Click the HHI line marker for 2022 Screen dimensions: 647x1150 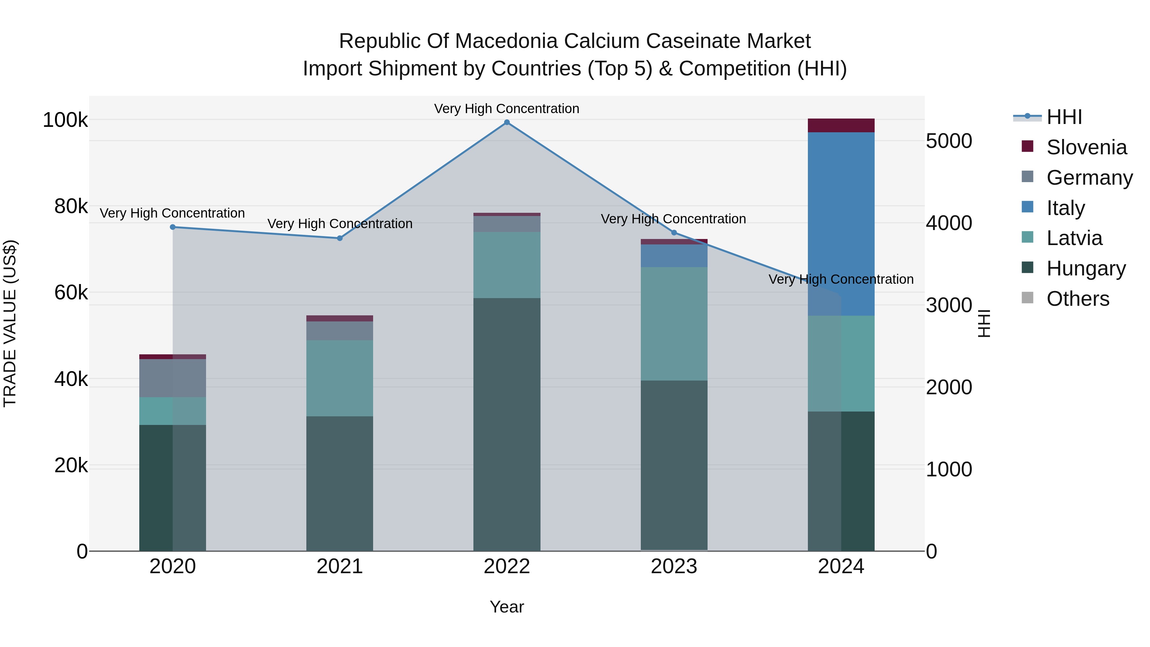(507, 122)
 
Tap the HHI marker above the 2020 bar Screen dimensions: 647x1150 (173, 227)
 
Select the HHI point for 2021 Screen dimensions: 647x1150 (340, 238)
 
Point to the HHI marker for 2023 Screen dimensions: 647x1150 (674, 233)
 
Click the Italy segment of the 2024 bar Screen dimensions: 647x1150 (841, 223)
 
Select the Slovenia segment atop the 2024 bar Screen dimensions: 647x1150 (841, 126)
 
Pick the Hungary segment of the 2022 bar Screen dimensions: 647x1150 (507, 424)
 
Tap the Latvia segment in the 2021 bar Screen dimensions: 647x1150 (340, 378)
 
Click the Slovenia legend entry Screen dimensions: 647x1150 (1086, 147)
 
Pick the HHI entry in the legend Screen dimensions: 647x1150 (1064, 117)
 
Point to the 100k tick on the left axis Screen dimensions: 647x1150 (65, 120)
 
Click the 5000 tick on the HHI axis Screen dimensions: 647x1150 (949, 141)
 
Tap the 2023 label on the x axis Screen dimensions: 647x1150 (674, 566)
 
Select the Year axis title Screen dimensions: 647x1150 (507, 607)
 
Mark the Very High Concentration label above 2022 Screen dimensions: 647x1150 (507, 109)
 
